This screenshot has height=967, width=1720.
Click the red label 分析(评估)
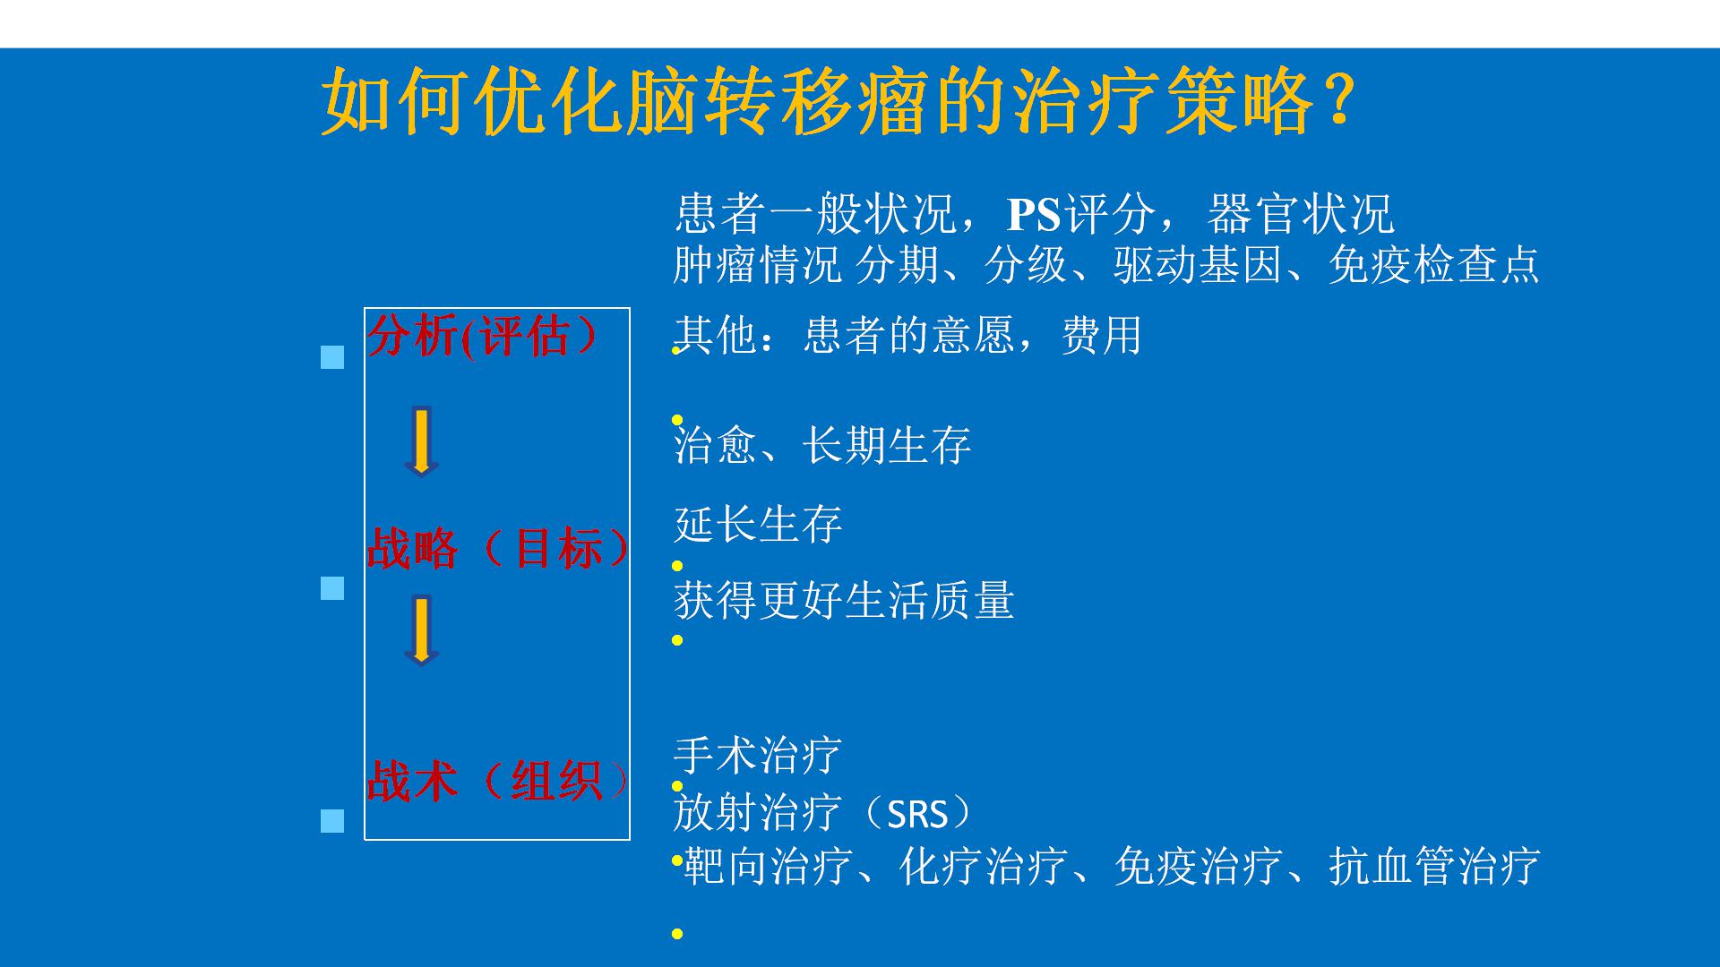pos(483,336)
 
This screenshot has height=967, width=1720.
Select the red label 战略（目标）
pos(498,548)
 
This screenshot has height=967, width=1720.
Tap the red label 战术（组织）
pos(498,780)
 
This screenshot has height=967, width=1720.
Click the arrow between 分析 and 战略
pos(421,441)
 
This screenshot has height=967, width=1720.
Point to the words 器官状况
pos(1300,214)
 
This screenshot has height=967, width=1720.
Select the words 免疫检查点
pos(1433,264)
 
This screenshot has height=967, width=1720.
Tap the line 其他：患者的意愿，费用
pos(907,336)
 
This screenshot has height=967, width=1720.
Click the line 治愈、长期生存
pos(821,445)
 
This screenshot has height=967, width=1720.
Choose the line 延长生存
pos(758,524)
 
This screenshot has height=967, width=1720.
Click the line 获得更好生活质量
pos(844,600)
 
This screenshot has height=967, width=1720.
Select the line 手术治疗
pos(758,755)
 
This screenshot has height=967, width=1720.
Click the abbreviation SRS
pos(917,815)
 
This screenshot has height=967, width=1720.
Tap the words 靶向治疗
pos(767,866)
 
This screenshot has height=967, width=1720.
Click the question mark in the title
pos(1337,101)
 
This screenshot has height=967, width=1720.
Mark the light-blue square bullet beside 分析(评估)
pos(332,357)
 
